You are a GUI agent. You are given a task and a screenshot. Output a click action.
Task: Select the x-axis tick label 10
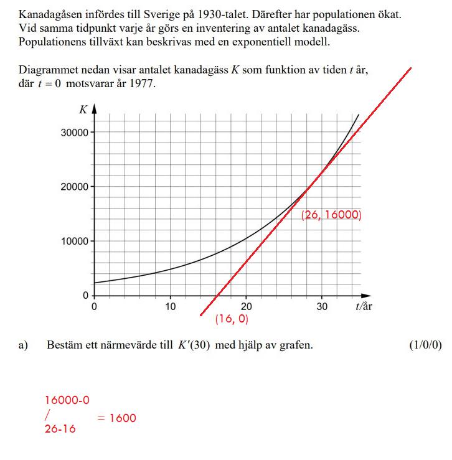(170, 306)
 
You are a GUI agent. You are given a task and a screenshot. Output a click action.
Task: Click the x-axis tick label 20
(247, 306)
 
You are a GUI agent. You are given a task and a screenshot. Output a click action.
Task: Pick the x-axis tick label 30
(322, 306)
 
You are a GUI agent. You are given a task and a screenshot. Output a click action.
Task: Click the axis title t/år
(364, 306)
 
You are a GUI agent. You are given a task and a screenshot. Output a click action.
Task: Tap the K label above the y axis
(83, 110)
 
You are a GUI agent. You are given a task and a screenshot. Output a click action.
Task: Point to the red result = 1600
(116, 418)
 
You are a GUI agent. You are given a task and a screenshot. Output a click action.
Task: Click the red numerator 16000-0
(67, 400)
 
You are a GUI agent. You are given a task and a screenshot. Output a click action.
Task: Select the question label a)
(23, 345)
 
